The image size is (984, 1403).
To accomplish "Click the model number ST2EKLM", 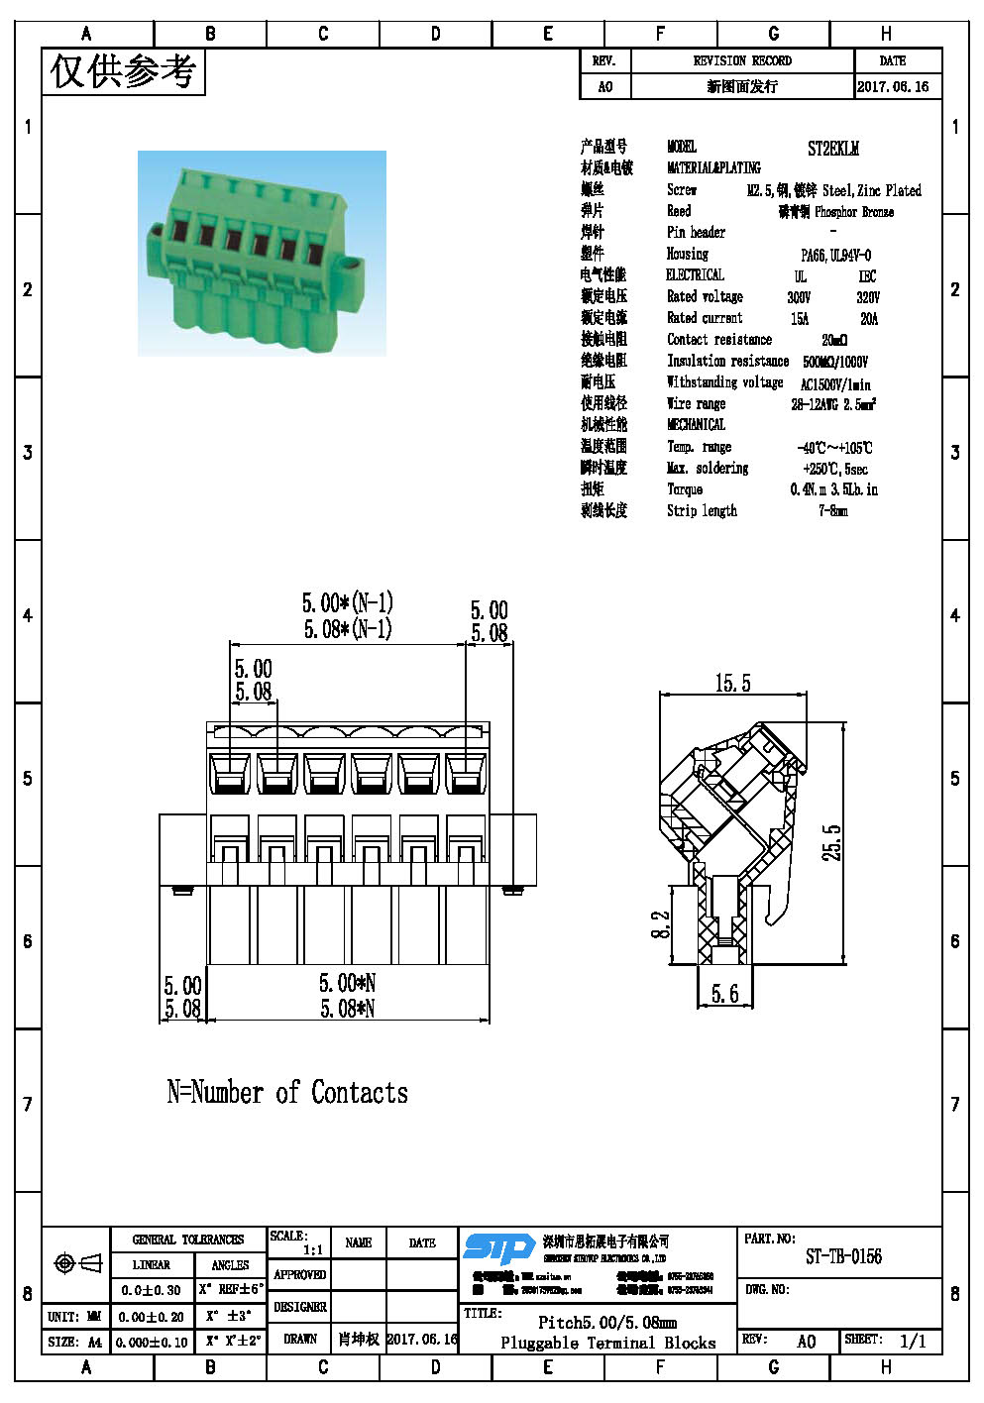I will coord(832,149).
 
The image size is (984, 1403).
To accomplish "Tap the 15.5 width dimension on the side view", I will coord(732,684).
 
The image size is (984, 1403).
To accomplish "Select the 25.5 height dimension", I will coord(832,842).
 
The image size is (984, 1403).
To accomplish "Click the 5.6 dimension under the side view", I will coord(724,994).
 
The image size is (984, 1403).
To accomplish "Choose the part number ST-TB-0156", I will coord(843,1256).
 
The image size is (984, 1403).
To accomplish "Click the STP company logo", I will coord(499,1247).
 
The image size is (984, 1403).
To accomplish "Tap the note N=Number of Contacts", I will coord(287,1093).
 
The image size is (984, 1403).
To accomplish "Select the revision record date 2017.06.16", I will coord(893,86).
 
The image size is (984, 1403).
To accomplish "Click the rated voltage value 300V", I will coord(799,297).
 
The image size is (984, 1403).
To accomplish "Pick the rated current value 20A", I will coord(869,319).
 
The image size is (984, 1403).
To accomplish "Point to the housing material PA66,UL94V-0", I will coord(835,255).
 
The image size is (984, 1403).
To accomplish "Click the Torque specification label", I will coord(685,489).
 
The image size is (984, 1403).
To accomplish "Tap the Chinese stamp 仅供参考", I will coord(123,71).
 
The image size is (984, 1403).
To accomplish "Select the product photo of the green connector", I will coord(262,253).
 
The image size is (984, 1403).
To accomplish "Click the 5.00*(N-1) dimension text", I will coord(347,602).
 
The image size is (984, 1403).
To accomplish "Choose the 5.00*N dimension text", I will coord(347,983).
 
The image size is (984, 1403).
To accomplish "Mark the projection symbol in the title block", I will coord(77,1263).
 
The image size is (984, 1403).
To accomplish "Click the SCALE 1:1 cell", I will coord(297,1242).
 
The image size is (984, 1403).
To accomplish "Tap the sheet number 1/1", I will coord(912,1342).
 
